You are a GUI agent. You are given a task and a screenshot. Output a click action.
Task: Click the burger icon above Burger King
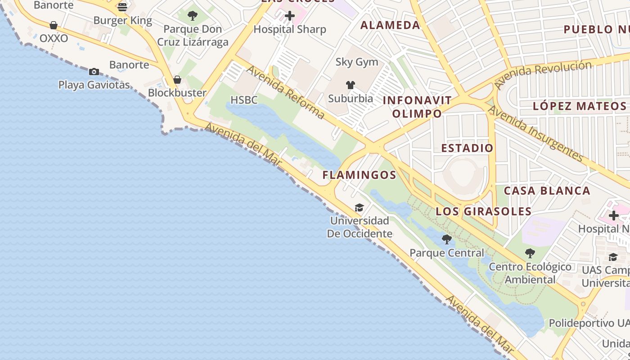[122, 7]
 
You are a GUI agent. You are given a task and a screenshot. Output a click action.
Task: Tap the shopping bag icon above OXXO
[54, 25]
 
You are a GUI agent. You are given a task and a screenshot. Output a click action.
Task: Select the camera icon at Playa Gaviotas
[94, 72]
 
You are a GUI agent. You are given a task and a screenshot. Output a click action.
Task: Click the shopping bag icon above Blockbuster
[177, 80]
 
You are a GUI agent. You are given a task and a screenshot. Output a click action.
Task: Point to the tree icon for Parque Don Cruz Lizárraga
[193, 16]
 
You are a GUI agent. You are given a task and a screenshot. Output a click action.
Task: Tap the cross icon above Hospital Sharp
[290, 16]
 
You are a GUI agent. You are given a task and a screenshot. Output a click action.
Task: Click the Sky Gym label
[357, 62]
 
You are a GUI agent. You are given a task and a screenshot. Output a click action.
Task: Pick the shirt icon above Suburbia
[351, 85]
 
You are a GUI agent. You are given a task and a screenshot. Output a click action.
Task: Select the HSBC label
[244, 100]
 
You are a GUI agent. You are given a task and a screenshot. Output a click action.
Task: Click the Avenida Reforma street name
[285, 92]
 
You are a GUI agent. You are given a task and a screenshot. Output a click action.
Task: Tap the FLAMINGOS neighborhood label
[359, 175]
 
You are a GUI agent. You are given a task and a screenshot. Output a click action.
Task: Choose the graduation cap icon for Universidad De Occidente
[359, 207]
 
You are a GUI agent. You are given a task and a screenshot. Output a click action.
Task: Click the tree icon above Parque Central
[447, 239]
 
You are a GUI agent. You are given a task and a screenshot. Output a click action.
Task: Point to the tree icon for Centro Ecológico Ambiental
[530, 253]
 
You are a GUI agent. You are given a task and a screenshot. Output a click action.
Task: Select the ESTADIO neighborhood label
[467, 148]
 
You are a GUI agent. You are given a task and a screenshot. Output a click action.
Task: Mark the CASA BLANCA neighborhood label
[547, 191]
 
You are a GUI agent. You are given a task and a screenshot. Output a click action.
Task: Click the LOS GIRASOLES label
[484, 211]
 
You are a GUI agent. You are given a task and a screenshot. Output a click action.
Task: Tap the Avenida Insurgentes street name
[535, 133]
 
